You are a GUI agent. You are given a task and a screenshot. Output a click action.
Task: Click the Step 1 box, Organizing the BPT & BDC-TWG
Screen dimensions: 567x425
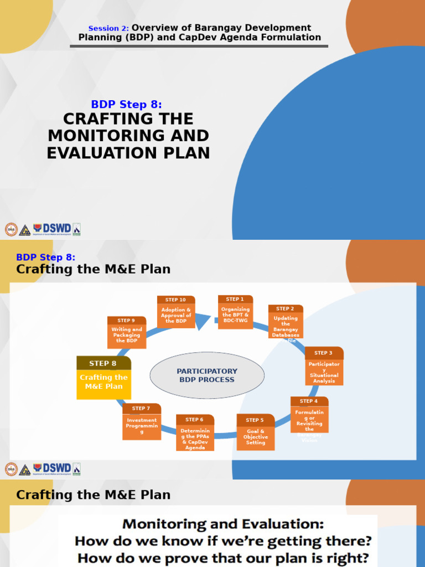[235, 312]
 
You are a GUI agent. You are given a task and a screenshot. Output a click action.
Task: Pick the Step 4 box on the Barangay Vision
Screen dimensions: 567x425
[309, 416]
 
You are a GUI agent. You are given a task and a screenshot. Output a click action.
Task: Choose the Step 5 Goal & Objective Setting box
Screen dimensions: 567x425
[255, 432]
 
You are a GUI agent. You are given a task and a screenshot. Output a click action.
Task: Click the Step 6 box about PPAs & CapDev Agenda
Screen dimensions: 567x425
[195, 433]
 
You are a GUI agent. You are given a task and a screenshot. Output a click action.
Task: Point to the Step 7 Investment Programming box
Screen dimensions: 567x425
[142, 422]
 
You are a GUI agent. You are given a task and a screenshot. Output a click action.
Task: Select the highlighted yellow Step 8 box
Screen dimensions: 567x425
[103, 378]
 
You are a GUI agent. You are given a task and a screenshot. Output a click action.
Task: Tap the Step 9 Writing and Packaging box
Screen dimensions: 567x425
[127, 333]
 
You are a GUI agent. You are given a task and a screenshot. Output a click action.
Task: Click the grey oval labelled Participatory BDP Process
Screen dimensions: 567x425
[207, 375]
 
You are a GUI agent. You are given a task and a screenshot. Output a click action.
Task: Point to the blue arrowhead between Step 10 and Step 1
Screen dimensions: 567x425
[203, 321]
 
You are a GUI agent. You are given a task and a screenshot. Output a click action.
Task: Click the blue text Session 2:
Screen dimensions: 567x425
[108, 28]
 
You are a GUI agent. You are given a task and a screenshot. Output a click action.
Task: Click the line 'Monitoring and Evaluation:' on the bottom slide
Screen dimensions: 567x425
[223, 524]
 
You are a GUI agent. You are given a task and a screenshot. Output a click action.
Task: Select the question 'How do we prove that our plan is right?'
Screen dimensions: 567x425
[224, 558]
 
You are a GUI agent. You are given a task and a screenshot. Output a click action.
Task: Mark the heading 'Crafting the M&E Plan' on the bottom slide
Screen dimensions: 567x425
[93, 494]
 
